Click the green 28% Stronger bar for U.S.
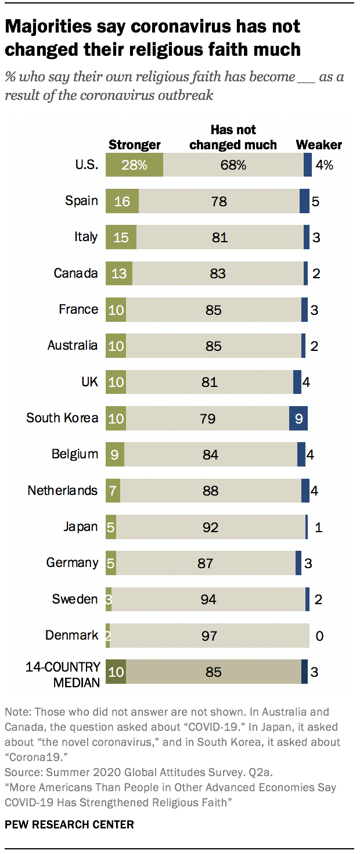coord(134,165)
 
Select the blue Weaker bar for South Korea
coord(298,418)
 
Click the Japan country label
coord(80,527)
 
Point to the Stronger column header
coord(135,145)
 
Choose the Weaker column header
coord(319,145)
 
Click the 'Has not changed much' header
coord(233,137)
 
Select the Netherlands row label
coord(63,490)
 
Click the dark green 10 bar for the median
coord(116,672)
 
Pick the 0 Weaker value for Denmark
coord(319,636)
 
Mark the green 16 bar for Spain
coord(122,201)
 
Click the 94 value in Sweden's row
coord(208,600)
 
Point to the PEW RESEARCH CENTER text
coord(69,824)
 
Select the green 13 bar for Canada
coord(119,273)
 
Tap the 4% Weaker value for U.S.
coord(324,166)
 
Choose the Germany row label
coord(72,562)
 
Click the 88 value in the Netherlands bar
coord(210,491)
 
